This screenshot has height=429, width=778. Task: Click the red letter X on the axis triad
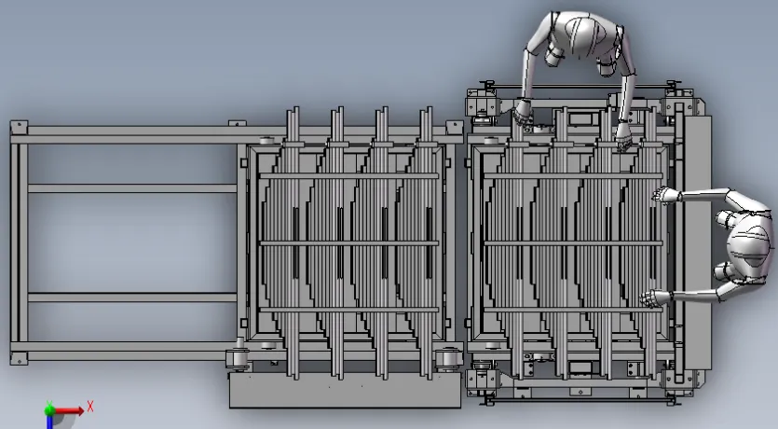point(90,407)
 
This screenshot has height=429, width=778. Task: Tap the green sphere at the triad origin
point(49,410)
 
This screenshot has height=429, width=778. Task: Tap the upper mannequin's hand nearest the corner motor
point(522,112)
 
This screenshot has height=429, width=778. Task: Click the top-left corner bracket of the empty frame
point(19,127)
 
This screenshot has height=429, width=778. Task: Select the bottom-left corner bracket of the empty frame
point(19,358)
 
